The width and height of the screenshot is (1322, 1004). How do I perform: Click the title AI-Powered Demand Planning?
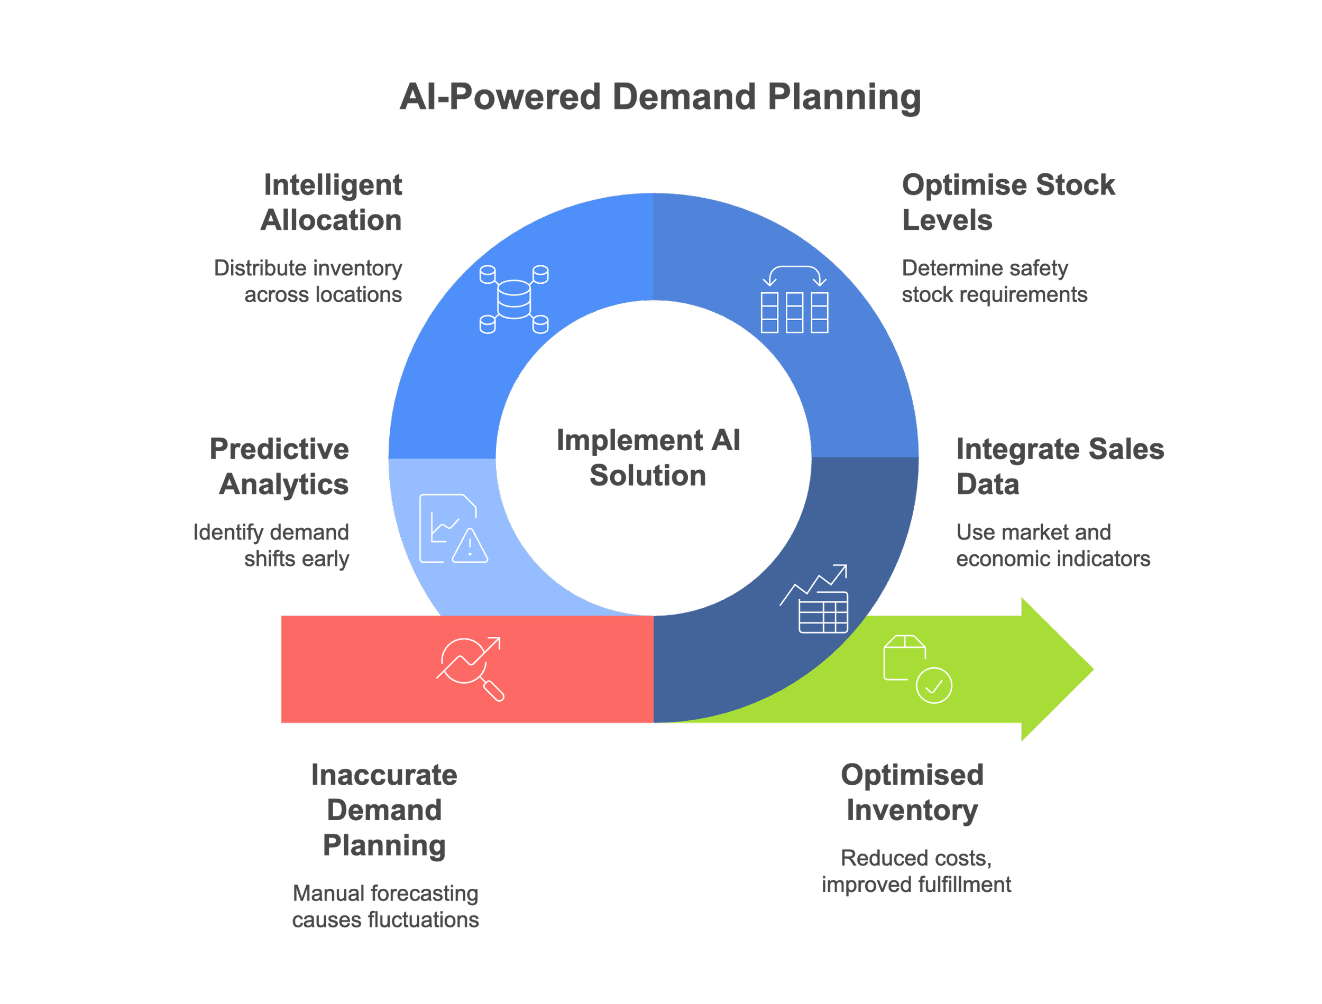pyautogui.click(x=660, y=97)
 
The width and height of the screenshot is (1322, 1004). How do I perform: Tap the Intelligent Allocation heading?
pyautogui.click(x=332, y=202)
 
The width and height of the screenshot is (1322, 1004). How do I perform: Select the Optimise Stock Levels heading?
pyautogui.click(x=1008, y=202)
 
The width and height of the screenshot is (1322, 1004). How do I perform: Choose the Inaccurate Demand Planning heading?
pyautogui.click(x=384, y=811)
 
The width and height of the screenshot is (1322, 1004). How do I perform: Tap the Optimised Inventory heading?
pyautogui.click(x=912, y=793)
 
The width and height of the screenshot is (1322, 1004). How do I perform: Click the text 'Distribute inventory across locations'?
pyautogui.click(x=308, y=282)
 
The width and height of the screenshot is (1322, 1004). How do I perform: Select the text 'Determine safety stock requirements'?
pyautogui.click(x=994, y=282)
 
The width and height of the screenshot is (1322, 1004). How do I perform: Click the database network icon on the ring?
pyautogui.click(x=513, y=299)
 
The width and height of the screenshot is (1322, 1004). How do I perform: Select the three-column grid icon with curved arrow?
pyautogui.click(x=794, y=300)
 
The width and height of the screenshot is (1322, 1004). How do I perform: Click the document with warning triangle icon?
pyautogui.click(x=453, y=528)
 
